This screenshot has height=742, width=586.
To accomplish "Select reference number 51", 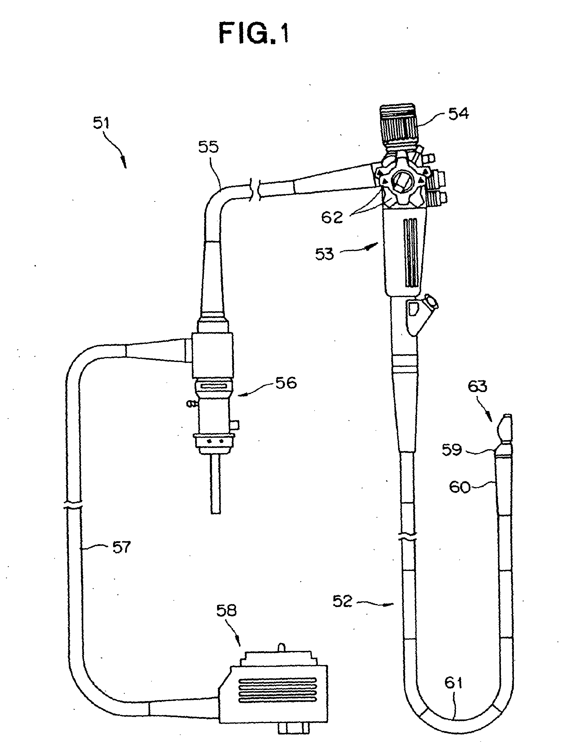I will (101, 122).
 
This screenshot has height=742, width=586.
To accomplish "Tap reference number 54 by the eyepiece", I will (459, 113).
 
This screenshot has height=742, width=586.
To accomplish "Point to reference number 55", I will (208, 147).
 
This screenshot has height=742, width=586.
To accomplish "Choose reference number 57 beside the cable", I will (122, 547).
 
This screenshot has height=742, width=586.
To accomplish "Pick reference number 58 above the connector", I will (226, 610).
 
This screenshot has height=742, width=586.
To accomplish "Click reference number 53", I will (324, 254).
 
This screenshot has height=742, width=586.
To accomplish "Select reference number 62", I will (332, 217).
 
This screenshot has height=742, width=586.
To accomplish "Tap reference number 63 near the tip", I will (477, 387).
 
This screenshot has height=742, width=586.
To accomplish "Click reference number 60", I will (459, 487).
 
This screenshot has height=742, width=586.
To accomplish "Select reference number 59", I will (452, 450).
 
